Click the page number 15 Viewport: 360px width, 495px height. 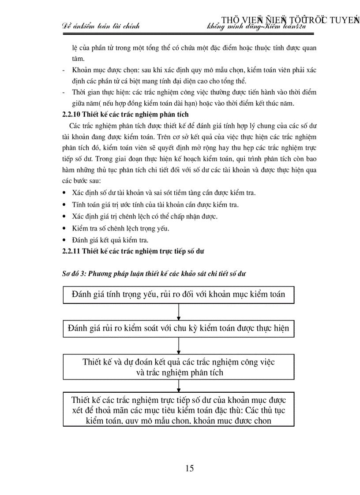coord(189,468)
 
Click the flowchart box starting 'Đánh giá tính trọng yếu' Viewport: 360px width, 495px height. coord(178,294)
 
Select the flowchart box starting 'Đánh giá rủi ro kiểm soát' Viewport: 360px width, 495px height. coord(178,329)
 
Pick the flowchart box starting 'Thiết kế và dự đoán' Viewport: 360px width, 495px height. coord(178,367)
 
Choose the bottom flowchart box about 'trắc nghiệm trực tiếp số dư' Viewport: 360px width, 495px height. coord(178,410)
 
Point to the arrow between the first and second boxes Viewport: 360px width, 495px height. coord(178,312)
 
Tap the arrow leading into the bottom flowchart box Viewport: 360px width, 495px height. coord(178,386)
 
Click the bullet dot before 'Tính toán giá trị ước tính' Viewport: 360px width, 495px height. coord(65,205)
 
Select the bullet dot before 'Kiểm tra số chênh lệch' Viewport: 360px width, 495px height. coord(65,228)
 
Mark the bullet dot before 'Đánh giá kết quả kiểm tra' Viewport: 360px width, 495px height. coord(65,240)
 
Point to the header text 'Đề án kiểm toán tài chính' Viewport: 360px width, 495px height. coord(100,26)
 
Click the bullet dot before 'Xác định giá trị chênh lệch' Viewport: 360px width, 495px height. coord(65,217)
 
